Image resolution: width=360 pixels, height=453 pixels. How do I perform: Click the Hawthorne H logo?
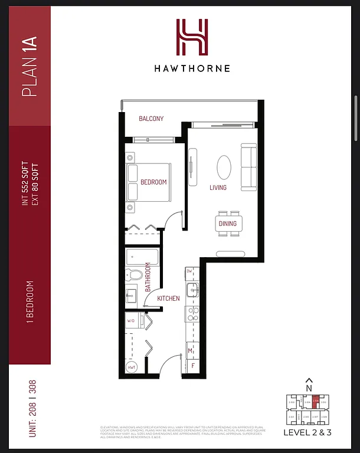pyautogui.click(x=192, y=37)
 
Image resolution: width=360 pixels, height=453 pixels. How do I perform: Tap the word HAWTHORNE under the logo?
pyautogui.click(x=192, y=68)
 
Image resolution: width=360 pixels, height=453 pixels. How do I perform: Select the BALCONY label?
pyautogui.click(x=151, y=119)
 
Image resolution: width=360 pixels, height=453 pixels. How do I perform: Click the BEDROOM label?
pyautogui.click(x=153, y=182)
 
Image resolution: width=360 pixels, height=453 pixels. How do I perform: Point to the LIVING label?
pyautogui.click(x=218, y=188)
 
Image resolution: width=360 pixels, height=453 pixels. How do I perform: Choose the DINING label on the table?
pyautogui.click(x=227, y=224)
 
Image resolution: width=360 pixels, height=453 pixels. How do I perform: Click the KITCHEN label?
pyautogui.click(x=168, y=298)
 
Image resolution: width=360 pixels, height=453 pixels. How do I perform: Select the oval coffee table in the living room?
pyautogui.click(x=224, y=168)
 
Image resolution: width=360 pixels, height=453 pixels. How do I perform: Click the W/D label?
pyautogui.click(x=131, y=321)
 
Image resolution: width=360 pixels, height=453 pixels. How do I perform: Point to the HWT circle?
pyautogui.click(x=132, y=366)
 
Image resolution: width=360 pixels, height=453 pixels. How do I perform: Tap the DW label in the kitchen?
pyautogui.click(x=189, y=271)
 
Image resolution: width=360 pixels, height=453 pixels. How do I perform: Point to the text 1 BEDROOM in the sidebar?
pyautogui.click(x=30, y=301)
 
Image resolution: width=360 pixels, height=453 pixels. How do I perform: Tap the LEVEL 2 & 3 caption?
pyautogui.click(x=307, y=432)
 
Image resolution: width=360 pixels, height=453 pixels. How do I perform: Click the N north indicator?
pyautogui.click(x=308, y=387)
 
